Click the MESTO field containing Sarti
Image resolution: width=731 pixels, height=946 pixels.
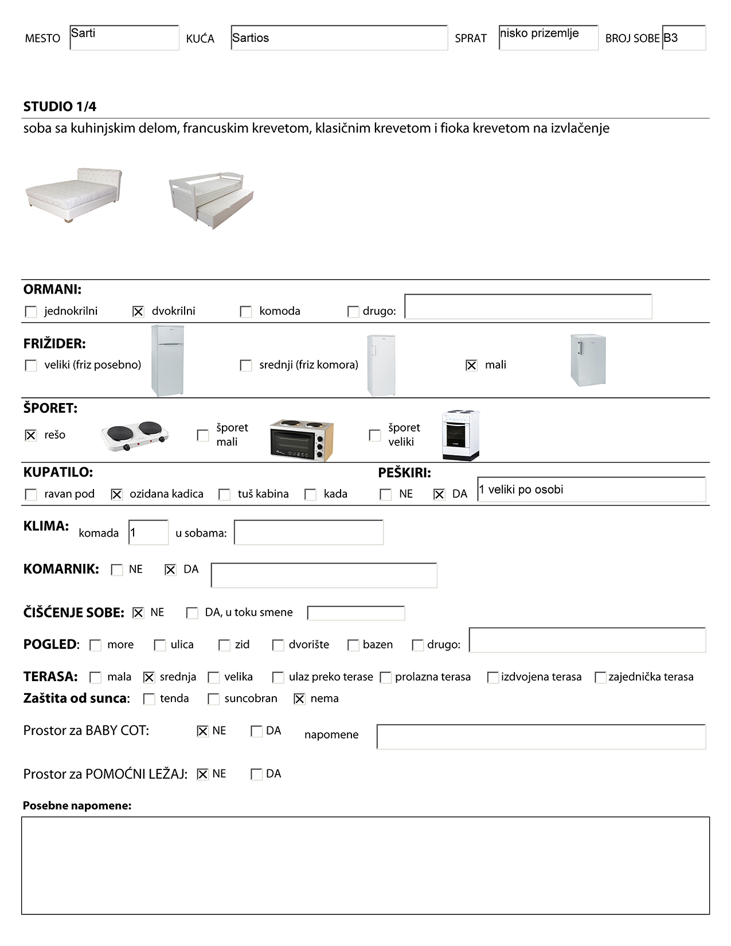124,38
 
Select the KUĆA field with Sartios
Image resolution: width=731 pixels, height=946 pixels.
339,38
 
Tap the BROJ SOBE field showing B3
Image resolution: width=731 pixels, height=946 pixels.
683,38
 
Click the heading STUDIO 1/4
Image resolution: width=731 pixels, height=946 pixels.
60,107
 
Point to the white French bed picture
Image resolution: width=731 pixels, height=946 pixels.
74,194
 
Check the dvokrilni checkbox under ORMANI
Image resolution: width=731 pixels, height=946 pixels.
138,311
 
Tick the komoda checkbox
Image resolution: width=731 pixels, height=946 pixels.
246,311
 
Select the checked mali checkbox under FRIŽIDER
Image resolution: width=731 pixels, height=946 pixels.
471,365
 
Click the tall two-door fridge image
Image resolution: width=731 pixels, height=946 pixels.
167,361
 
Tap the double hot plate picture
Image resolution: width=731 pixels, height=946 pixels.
135,436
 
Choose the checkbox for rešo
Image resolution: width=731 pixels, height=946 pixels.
31,435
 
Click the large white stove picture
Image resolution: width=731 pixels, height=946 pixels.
460,435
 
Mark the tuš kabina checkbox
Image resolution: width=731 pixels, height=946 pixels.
225,494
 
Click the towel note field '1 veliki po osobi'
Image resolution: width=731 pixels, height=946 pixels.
591,490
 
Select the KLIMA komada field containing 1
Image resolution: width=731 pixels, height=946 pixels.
148,533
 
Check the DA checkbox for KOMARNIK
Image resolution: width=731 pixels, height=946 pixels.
170,570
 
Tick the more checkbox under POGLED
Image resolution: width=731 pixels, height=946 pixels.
96,645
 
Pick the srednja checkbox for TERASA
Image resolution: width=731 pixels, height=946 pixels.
149,677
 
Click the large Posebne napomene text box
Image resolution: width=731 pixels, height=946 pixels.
365,865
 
